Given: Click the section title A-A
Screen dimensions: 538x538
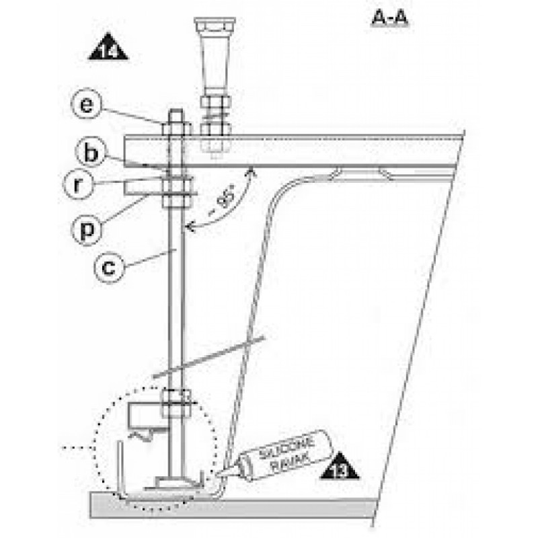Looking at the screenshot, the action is point(390,18).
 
